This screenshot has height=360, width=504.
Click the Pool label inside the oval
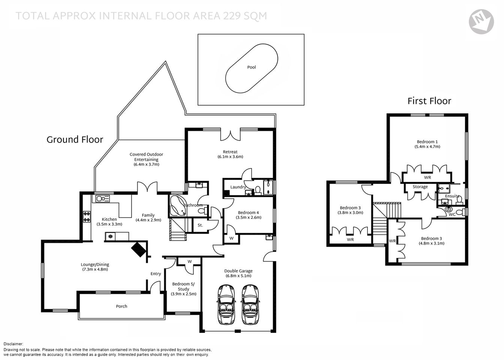pos(251,67)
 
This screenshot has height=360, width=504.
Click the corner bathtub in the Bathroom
pos(177,206)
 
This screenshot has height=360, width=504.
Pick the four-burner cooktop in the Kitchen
pos(87,217)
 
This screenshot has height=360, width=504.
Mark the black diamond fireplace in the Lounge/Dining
pos(139,249)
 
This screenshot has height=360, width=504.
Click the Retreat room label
pos(230,152)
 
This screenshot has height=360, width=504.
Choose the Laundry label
pos(238,187)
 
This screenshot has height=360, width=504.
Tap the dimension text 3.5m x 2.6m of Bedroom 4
pos(248,217)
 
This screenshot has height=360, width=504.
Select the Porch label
pos(121,306)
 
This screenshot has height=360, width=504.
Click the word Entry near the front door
pos(156,274)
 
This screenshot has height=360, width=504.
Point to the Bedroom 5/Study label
pos(183,286)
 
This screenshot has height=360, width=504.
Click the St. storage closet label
pos(200,225)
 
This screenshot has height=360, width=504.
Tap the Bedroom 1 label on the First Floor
pos(427,142)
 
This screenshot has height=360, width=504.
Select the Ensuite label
pos(452,196)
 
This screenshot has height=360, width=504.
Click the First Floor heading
pos(429,101)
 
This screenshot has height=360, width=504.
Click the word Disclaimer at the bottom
pos(13,344)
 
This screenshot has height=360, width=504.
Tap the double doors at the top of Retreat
pos(230,134)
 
